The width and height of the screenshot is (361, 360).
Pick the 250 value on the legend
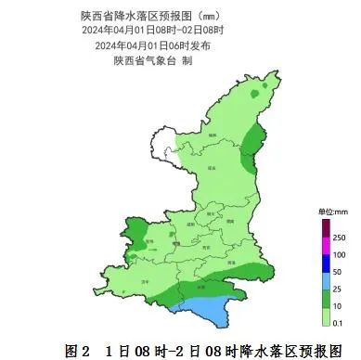pyautogui.click(x=340, y=238)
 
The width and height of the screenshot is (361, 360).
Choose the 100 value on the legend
pyautogui.click(x=340, y=254)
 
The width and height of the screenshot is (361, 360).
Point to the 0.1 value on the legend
pyautogui.click(x=339, y=322)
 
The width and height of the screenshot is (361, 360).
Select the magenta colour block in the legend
pyautogui.click(x=326, y=246)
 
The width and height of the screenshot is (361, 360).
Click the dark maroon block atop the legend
pyautogui.click(x=326, y=228)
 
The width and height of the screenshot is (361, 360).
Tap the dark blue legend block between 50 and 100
pyautogui.click(x=326, y=263)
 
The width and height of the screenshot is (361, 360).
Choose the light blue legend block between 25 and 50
pyautogui.click(x=326, y=279)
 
